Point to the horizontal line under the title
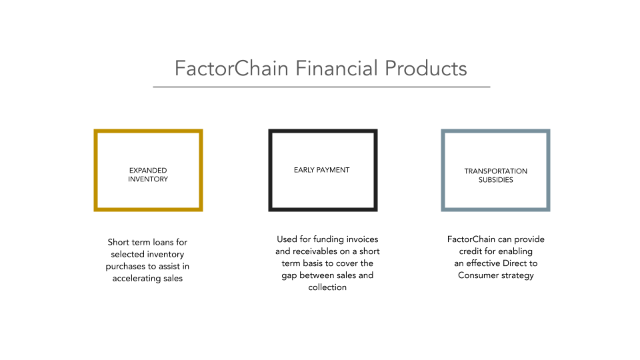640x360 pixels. tap(321, 87)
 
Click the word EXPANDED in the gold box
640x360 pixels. tap(148, 171)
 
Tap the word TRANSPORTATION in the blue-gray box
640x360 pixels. tap(495, 171)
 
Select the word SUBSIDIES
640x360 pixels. tap(495, 180)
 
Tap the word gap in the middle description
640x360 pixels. tap(290, 275)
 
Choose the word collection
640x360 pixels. tap(327, 287)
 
